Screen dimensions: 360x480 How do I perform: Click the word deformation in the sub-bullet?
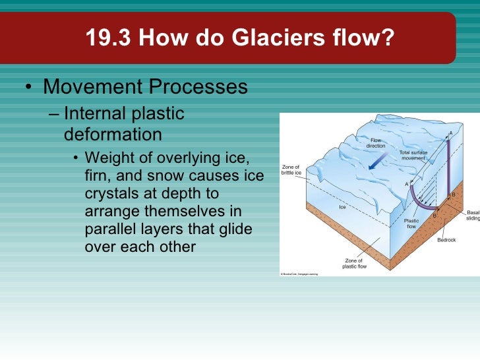click(113, 135)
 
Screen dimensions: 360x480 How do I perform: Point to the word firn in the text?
click(98, 178)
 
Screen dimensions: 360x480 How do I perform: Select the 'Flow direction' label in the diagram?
click(375, 143)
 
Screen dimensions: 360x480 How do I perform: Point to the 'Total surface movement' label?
click(413, 156)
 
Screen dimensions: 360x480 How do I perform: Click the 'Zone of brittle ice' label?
click(291, 169)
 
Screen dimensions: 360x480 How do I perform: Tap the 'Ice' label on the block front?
click(342, 207)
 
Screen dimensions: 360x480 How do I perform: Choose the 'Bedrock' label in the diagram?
click(446, 240)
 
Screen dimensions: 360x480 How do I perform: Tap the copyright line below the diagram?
click(299, 274)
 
